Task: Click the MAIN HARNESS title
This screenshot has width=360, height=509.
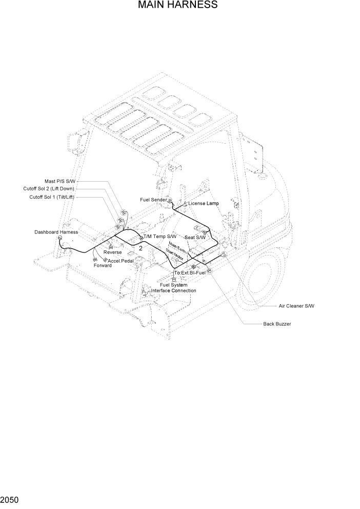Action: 177,6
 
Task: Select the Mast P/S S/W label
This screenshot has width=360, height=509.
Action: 61,181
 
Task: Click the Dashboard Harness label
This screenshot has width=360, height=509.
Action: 56,232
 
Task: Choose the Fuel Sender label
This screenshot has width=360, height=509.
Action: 153,199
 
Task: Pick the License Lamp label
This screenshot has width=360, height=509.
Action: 204,203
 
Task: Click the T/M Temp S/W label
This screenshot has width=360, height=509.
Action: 160,237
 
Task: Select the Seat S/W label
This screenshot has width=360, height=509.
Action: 195,237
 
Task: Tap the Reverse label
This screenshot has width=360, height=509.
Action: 112,252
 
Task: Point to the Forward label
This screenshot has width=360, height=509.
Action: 103,265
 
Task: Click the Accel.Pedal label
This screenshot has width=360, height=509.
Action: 121,261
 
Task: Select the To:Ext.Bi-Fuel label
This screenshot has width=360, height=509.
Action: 190,272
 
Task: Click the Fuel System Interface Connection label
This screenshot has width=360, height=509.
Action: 173,287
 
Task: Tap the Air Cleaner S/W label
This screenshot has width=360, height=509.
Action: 296,306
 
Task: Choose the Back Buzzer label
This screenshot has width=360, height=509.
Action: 277,324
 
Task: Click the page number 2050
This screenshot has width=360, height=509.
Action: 10,499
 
